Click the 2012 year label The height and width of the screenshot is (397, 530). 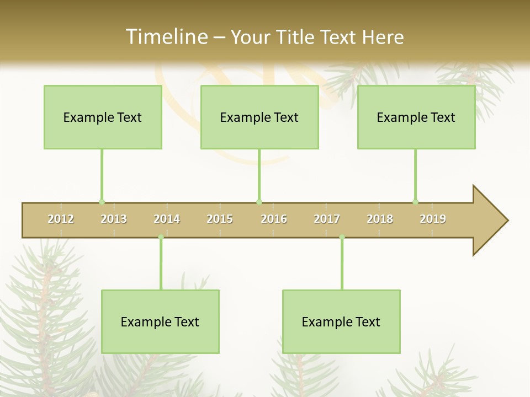coord(61,219)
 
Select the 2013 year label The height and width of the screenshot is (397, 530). coord(114,219)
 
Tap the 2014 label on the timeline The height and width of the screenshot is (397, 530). coord(167,219)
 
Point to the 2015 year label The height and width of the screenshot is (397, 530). coord(220,219)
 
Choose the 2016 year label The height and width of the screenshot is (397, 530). coord(274,219)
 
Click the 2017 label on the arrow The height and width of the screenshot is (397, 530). coord(327,219)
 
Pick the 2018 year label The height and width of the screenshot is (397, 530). coord(380,219)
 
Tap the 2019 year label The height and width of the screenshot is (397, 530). coord(433,219)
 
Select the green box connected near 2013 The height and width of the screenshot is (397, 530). coord(103,117)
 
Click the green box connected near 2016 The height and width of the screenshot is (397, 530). coord(259,117)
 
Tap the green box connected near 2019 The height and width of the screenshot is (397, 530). coord(416,117)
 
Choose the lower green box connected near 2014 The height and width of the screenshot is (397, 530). coord(160,321)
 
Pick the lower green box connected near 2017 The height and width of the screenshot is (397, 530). coord(341,321)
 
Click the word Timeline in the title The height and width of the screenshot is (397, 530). coord(166,37)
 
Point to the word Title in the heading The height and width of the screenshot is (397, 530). coord(296,37)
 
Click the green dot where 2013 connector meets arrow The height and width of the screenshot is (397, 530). coord(102,202)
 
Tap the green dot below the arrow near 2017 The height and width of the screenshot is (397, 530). coord(342,237)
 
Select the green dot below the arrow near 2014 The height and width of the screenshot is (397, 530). coord(161,237)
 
